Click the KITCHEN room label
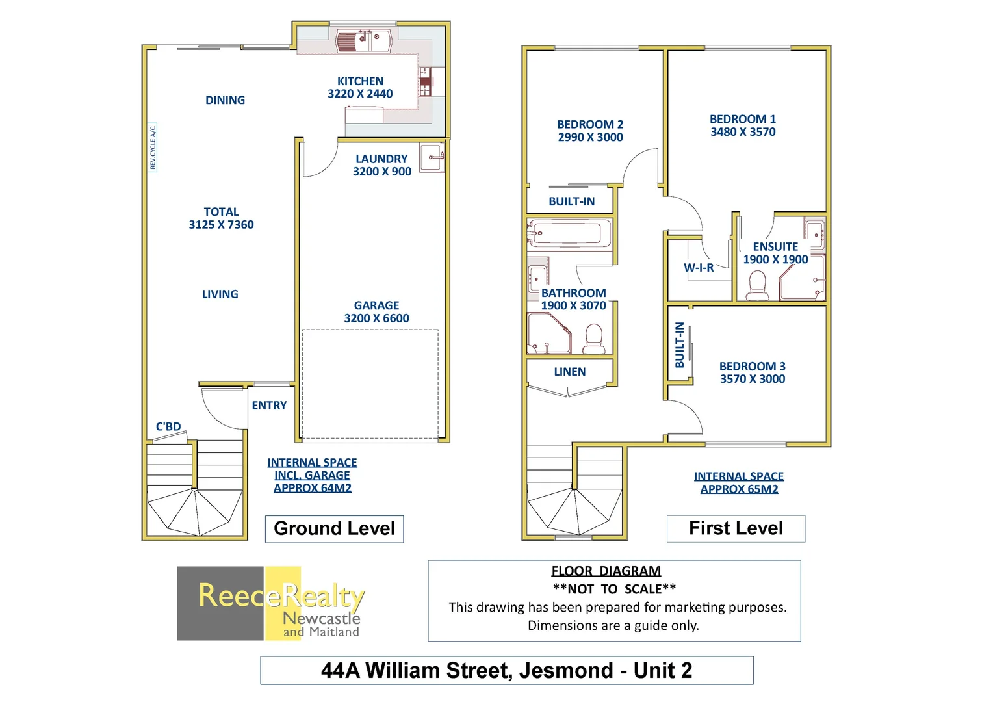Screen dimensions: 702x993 (x=360, y=81)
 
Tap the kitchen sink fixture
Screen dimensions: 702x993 (x=364, y=41)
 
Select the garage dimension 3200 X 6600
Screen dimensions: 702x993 (x=376, y=318)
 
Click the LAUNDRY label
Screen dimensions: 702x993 (x=381, y=159)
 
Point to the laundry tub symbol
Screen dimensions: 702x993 (x=432, y=158)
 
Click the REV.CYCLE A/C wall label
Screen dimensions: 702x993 (x=153, y=148)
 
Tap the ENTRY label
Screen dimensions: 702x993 (x=269, y=406)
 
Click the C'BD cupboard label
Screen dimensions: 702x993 (x=168, y=426)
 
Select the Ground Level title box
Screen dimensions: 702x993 (x=334, y=528)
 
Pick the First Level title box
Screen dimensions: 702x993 (x=736, y=528)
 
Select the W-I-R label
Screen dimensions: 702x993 (x=699, y=268)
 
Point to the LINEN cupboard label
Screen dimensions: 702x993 (x=570, y=372)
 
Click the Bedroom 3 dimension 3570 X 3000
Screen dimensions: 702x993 (x=752, y=379)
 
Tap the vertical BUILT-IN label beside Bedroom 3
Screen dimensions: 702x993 (x=680, y=345)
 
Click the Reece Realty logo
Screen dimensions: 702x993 (x=270, y=603)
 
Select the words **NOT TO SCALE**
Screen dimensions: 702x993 (x=614, y=589)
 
